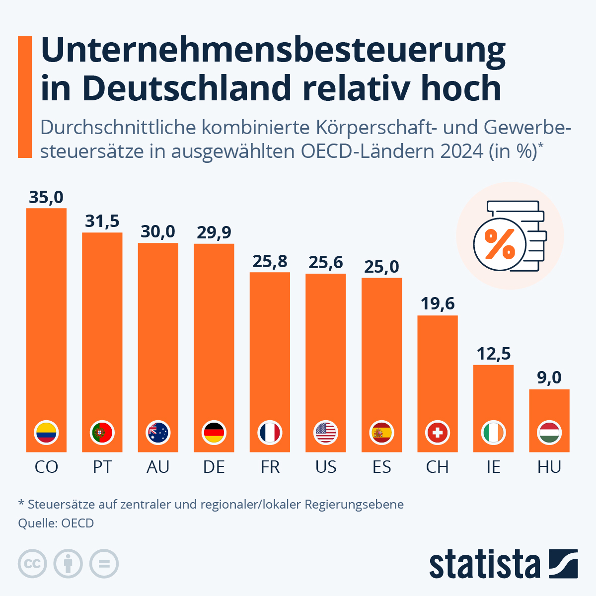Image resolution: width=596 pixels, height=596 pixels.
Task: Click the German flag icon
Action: tap(214, 433)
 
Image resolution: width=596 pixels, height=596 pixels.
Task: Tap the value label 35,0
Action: tap(46, 197)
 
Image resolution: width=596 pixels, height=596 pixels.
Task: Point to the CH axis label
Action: tap(437, 467)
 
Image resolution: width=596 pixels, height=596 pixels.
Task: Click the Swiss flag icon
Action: tap(438, 433)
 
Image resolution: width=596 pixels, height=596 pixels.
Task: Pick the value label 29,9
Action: tap(214, 232)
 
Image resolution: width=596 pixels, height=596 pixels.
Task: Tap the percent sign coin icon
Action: tap(500, 243)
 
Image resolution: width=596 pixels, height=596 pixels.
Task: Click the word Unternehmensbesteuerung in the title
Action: tap(273, 51)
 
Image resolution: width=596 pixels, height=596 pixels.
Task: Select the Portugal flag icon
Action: tap(102, 433)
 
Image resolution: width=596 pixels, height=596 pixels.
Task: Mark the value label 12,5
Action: tap(494, 354)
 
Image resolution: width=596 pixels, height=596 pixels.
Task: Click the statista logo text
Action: tap(484, 564)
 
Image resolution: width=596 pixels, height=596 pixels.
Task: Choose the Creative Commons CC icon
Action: tap(32, 564)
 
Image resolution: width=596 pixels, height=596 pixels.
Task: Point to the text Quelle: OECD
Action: tap(56, 523)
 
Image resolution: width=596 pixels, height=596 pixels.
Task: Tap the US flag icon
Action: tap(326, 433)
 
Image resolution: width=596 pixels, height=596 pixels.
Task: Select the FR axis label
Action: tap(270, 467)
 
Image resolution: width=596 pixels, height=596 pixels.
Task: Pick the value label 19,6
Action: tap(438, 303)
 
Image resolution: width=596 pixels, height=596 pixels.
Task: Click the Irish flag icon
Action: tap(494, 433)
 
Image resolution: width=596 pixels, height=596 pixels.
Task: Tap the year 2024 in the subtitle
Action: tap(462, 151)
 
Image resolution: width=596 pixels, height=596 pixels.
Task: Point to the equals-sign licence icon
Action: tap(104, 564)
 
